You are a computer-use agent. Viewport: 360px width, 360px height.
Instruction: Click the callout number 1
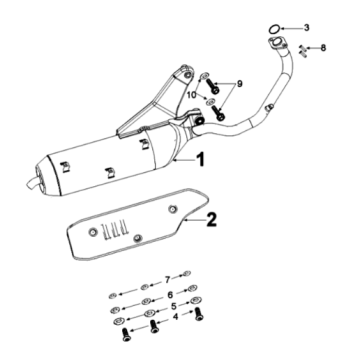tap(200, 159)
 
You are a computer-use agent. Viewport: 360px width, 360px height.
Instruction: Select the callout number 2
tap(211, 220)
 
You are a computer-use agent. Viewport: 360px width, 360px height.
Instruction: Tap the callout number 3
tap(307, 27)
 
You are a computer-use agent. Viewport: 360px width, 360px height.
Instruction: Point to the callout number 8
tap(323, 48)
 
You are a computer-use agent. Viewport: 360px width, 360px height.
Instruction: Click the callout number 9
tap(240, 84)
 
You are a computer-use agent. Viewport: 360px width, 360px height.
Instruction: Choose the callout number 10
tap(191, 95)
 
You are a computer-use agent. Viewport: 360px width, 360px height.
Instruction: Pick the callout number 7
tap(168, 280)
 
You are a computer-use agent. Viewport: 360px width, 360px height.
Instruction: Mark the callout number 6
tap(170, 295)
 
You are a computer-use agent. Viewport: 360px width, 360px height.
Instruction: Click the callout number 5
tap(173, 306)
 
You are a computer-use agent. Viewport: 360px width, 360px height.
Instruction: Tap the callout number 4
tap(176, 316)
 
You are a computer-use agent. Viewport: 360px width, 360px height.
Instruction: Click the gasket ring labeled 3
tap(274, 29)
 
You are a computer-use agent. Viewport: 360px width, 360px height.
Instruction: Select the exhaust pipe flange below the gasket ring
tap(276, 44)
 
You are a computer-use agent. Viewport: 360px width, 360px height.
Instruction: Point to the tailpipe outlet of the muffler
tap(32, 183)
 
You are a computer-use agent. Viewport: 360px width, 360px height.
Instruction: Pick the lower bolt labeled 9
tap(218, 112)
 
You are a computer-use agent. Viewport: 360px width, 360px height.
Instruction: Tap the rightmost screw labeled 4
tap(199, 314)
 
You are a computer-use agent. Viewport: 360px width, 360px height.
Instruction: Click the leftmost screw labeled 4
tap(126, 334)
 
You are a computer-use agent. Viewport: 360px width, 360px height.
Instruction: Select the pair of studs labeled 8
tap(303, 51)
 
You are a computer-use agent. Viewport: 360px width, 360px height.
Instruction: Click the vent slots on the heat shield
tap(115, 229)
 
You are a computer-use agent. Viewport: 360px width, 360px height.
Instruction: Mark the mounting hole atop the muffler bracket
tap(188, 73)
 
